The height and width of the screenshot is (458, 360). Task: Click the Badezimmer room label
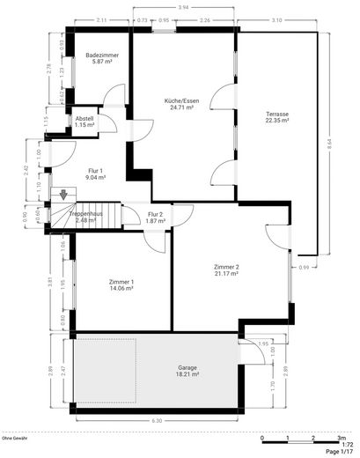point(101,55)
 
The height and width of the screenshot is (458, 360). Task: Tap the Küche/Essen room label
point(183,100)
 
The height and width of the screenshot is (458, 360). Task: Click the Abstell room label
point(84,118)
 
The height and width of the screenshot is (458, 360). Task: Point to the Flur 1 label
point(95,170)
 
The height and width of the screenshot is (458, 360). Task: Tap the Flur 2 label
point(156,214)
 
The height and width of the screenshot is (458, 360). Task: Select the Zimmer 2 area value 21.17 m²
point(226,273)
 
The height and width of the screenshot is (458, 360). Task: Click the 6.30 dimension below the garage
point(157,420)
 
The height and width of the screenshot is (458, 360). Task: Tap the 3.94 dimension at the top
point(183,8)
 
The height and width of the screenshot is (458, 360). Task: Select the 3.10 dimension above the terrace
point(276,19)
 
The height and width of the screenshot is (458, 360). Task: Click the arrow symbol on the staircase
point(62,196)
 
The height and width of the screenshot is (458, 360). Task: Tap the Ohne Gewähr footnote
point(15,438)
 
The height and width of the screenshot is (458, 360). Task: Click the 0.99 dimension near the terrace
point(304,267)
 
